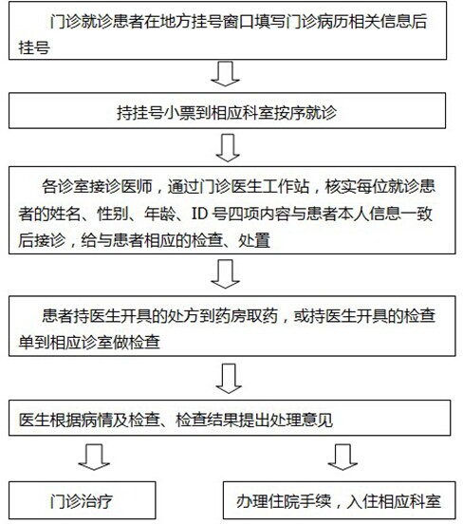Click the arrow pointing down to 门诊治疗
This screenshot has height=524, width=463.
[94, 457]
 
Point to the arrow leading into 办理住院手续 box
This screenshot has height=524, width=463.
[343, 457]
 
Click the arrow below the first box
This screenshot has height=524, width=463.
[225, 74]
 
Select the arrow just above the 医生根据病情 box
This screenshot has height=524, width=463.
[229, 379]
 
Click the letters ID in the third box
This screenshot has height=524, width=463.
[199, 214]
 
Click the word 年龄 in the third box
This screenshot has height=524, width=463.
[159, 214]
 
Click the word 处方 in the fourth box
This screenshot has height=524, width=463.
[183, 316]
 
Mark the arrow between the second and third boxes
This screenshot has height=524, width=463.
[228, 148]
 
